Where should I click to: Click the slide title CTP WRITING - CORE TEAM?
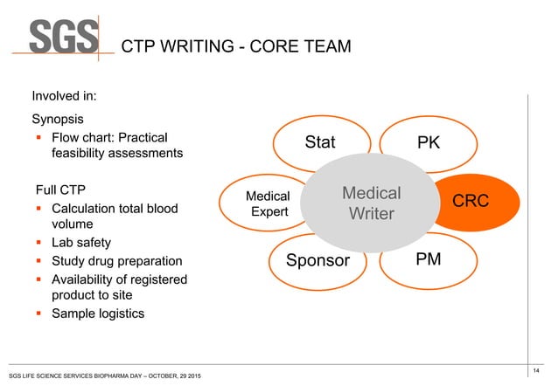[235, 45]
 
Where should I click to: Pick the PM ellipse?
[428, 259]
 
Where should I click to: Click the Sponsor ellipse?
[318, 261]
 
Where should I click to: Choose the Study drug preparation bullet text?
[117, 261]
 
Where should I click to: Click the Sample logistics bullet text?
[99, 314]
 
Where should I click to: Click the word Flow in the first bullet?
[67, 137]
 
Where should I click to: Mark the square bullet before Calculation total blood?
[39, 210]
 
